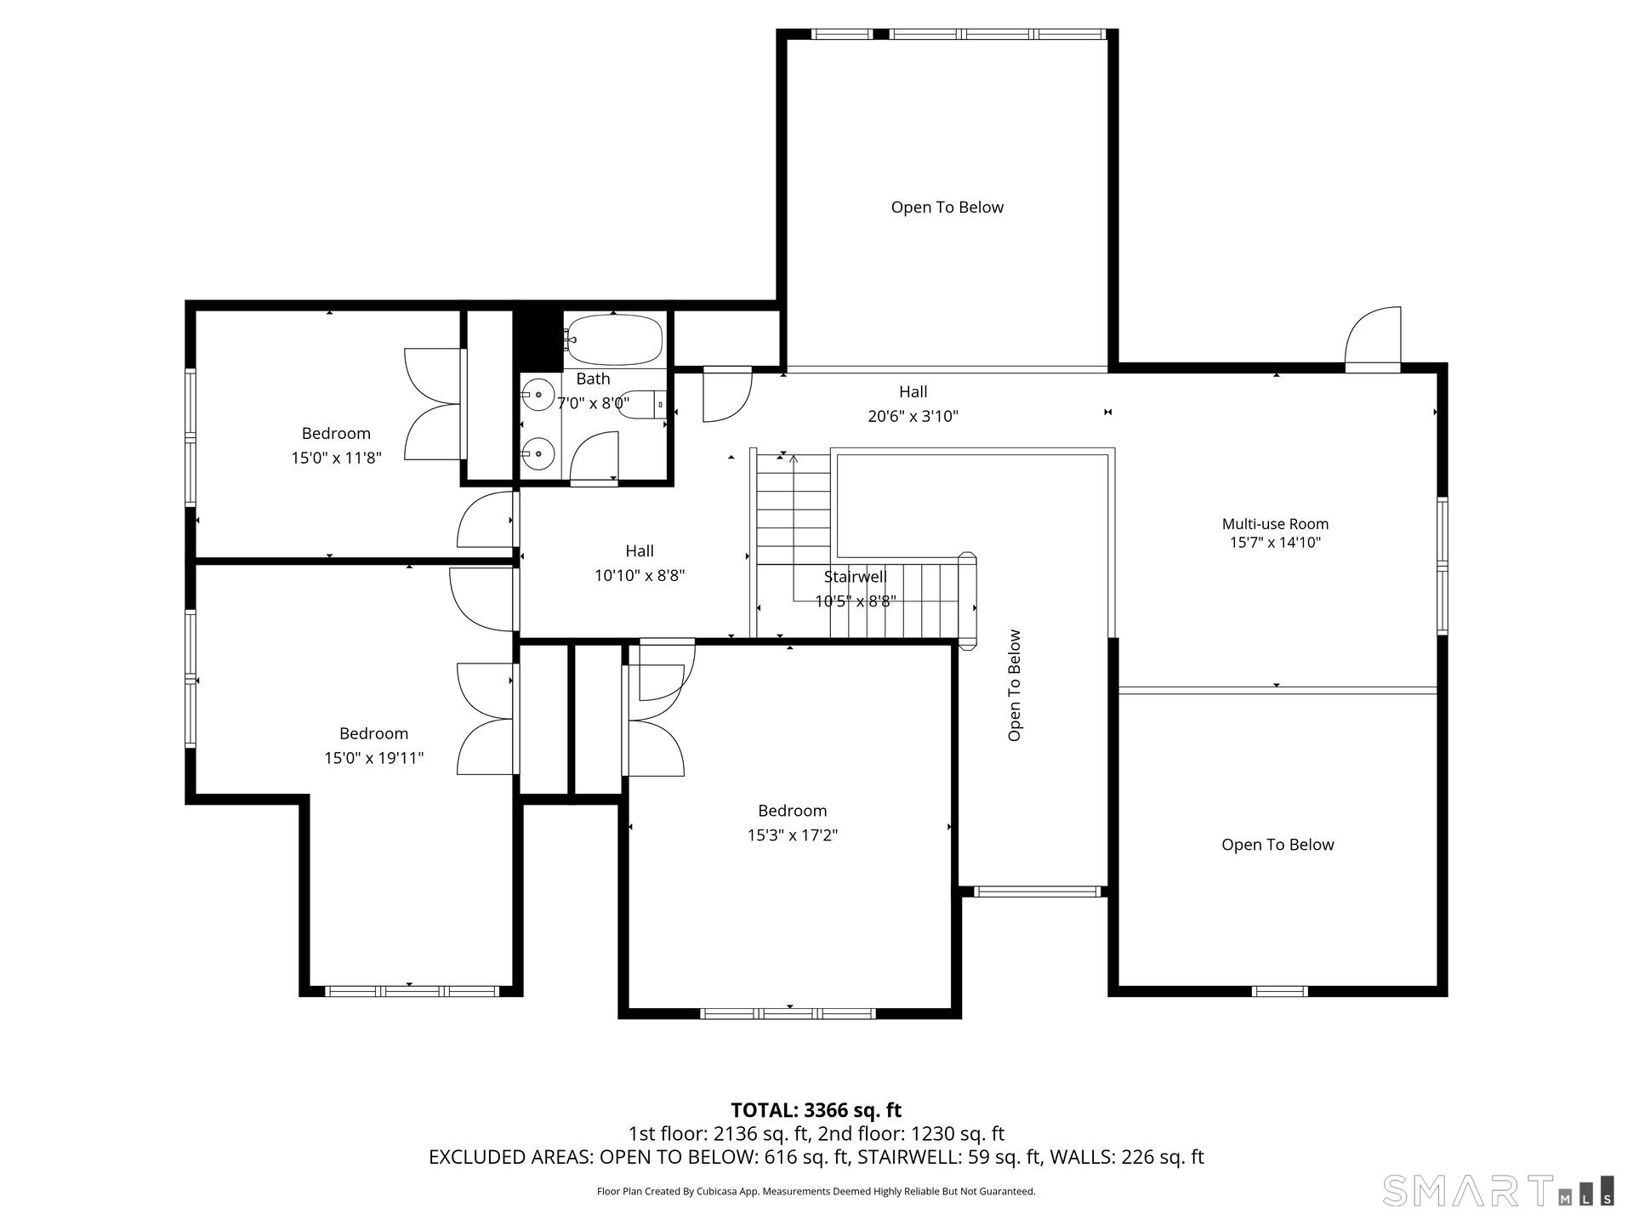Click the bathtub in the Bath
coord(614,340)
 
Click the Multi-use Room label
coord(1275,524)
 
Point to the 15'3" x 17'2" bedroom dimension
coord(793,835)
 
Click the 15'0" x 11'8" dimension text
coord(336,458)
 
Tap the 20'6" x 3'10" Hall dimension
coord(913,416)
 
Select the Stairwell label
coord(855,577)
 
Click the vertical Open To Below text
coord(1014,685)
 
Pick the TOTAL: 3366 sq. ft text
coord(816,1110)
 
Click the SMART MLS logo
coord(1498,1190)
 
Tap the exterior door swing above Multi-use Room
coord(1372,339)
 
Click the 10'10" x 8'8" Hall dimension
coord(640,576)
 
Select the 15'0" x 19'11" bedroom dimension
coord(373,758)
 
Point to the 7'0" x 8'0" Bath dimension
coord(593,403)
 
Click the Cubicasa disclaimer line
coord(816,1192)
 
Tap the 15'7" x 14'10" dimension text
coord(1275,543)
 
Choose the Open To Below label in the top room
coord(947,208)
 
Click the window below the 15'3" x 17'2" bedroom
coord(788,1013)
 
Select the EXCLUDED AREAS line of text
coord(816,1157)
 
